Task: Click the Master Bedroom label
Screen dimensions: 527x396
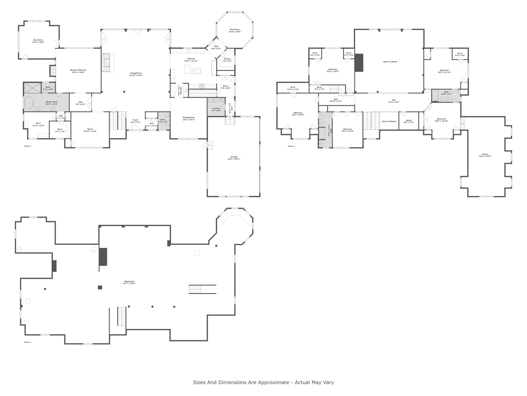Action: (78, 71)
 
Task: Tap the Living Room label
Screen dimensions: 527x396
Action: (136, 74)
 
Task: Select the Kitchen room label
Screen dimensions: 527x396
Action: (191, 60)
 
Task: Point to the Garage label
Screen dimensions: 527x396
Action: (234, 158)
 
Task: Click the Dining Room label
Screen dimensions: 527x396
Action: (189, 118)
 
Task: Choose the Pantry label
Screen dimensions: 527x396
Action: (227, 60)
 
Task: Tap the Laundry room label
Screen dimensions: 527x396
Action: (216, 109)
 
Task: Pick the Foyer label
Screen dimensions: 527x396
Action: (136, 121)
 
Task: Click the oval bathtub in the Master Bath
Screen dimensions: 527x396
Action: (29, 103)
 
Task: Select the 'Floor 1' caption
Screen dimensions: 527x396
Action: (28, 342)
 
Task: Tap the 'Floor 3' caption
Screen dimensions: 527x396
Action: (291, 146)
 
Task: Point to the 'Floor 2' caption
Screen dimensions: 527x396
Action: (28, 146)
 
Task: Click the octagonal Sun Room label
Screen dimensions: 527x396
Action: (235, 31)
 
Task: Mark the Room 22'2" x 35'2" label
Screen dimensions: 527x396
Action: (485, 155)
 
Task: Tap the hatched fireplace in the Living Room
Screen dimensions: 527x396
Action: (106, 63)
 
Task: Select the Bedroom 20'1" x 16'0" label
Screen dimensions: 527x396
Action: (333, 70)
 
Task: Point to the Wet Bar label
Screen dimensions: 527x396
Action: (180, 90)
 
